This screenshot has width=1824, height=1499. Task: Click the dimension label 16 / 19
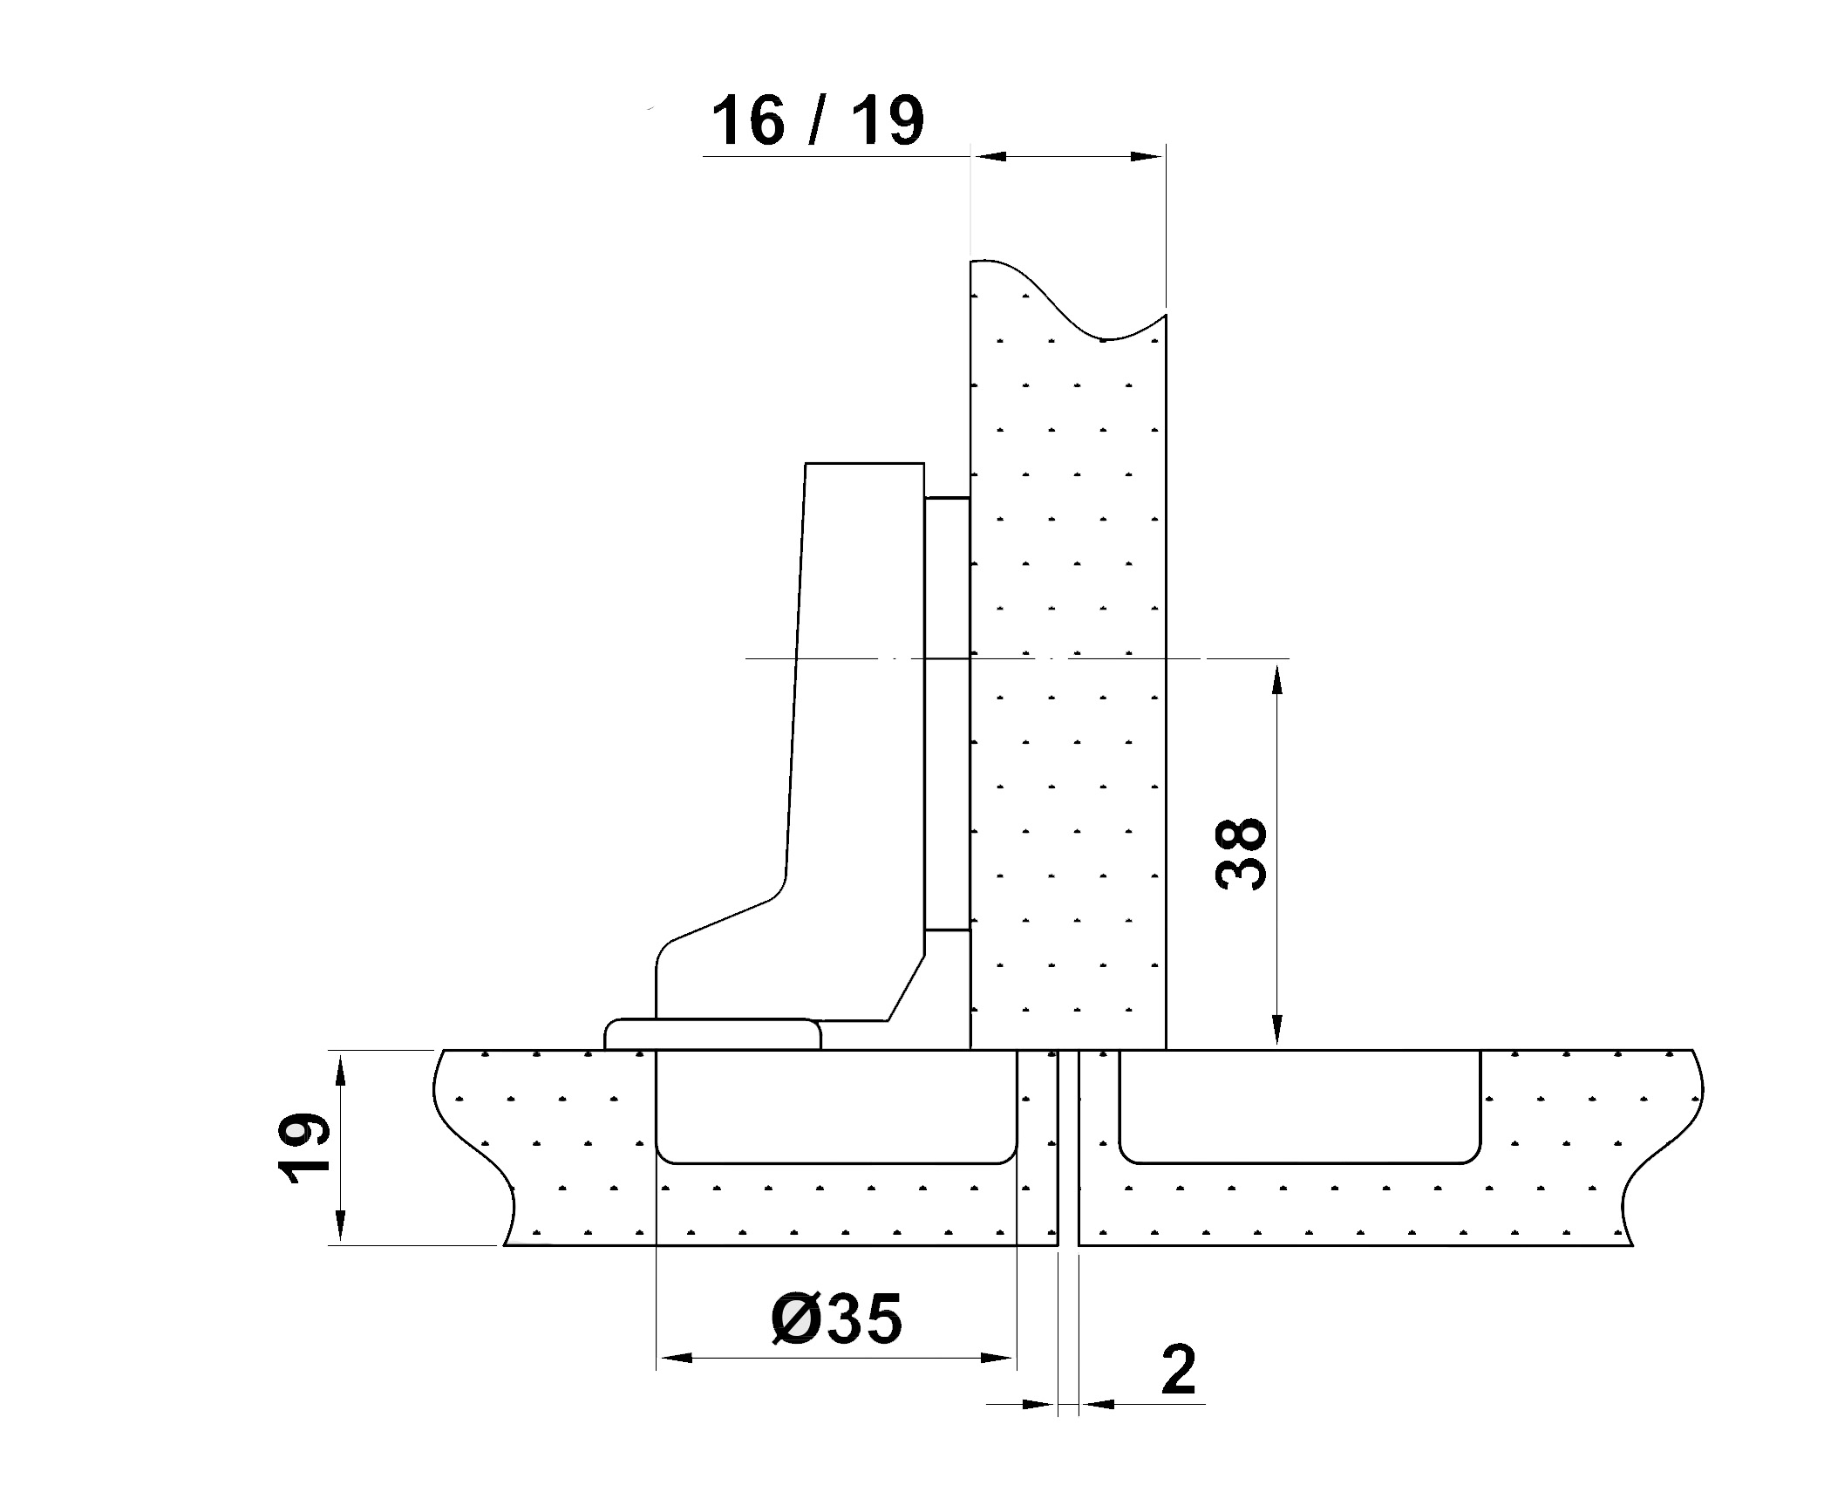coord(818,121)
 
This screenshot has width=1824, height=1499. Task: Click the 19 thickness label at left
coord(303,1148)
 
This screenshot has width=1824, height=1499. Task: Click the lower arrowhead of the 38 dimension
coord(1278,1030)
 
